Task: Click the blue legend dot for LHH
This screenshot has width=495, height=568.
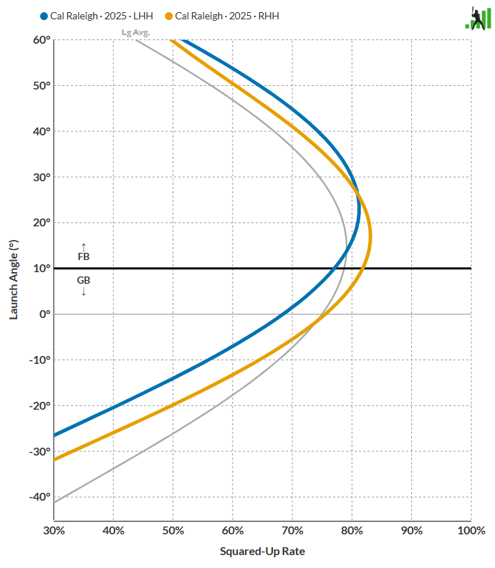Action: tap(44, 15)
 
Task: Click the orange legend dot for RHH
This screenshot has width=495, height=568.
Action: tap(168, 15)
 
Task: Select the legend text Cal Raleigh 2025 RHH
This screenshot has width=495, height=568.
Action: tap(226, 15)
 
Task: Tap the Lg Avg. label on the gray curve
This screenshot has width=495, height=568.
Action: tap(135, 32)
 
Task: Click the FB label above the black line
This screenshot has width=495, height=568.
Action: tap(83, 256)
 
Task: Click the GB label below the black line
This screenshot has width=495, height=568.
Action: tap(83, 280)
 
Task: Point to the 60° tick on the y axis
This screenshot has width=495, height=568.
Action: tap(40, 40)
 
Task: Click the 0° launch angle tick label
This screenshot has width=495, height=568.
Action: tap(43, 314)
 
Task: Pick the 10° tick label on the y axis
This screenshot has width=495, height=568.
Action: tap(40, 269)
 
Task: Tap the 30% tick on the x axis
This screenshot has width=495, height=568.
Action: tap(54, 531)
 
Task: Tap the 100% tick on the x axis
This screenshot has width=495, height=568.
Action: tap(470, 531)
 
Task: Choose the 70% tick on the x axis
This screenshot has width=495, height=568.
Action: tap(292, 531)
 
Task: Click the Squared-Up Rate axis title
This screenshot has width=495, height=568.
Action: tap(262, 552)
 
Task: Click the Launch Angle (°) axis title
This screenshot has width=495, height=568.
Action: tap(14, 280)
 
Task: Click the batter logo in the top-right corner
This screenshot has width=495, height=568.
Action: tap(476, 19)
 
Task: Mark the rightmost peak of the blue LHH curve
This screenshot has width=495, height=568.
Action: tap(359, 212)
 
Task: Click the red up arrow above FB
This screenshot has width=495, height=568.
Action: tap(83, 246)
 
